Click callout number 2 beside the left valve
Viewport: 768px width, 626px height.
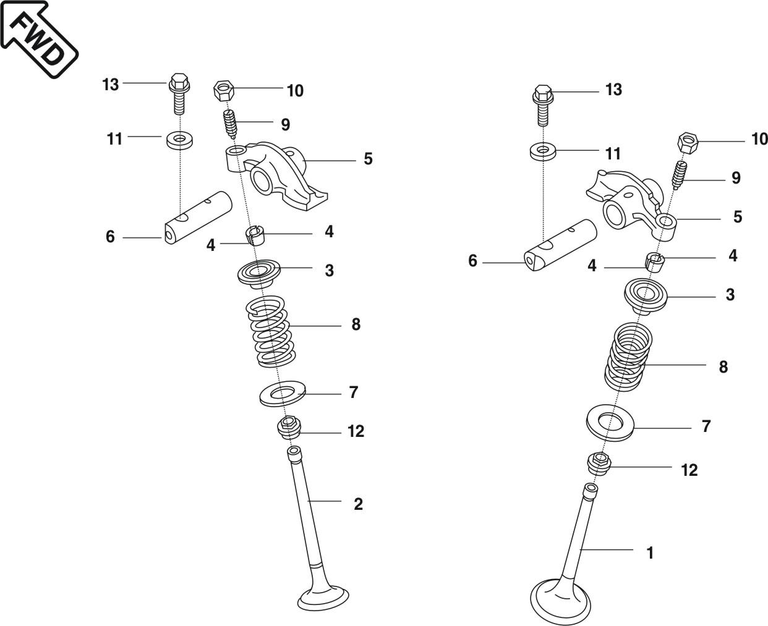click(358, 504)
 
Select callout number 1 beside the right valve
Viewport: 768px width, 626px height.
click(650, 553)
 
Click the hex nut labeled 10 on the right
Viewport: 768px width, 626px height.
click(688, 142)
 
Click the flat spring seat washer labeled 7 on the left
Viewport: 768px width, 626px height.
click(283, 394)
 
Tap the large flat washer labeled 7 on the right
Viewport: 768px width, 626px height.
click(611, 423)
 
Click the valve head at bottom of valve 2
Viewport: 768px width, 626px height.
click(325, 597)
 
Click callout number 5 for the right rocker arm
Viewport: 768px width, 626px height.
click(737, 217)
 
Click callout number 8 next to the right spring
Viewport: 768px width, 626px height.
click(723, 366)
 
